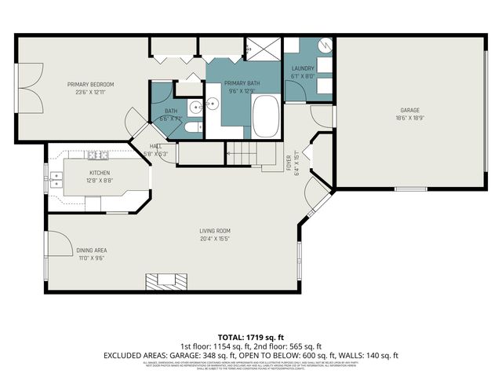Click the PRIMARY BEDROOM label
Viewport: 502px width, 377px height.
90,84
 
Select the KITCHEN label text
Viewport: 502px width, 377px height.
100,172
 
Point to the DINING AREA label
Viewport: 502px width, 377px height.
90,251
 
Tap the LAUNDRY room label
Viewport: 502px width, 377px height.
303,68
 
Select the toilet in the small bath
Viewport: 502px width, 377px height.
193,128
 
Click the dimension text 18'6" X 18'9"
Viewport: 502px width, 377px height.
411,118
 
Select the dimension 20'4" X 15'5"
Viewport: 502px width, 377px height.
214,238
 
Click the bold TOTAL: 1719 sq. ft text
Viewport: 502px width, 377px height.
250,336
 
